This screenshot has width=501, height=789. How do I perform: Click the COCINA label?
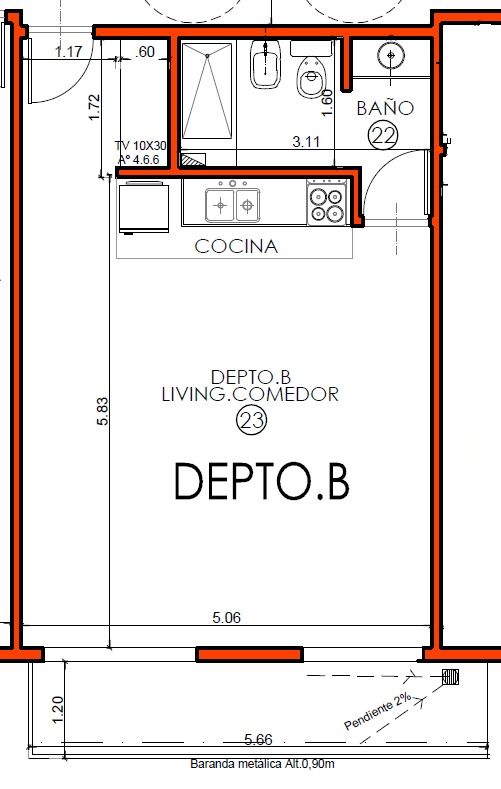point(236,246)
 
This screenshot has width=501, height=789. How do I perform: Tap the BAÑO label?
point(385,108)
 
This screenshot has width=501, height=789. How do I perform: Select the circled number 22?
point(383,134)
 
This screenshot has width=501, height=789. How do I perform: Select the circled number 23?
point(252,420)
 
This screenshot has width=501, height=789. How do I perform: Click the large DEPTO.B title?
point(262,482)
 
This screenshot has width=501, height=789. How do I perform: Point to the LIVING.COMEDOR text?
point(250,394)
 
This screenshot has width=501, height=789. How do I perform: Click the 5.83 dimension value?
point(103,411)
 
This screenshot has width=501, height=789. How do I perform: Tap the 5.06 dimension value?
point(226,617)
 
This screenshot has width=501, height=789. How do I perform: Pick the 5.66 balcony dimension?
point(259,739)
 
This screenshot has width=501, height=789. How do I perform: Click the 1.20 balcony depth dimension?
point(57,710)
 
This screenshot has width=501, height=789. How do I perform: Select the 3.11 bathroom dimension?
point(306,141)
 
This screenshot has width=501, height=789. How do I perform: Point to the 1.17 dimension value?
point(68,51)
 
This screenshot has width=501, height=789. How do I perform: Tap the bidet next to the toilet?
point(266,65)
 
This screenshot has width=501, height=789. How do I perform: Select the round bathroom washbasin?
point(391,55)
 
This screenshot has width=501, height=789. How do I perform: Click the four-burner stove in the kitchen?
point(327,202)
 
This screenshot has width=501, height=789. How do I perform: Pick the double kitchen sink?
point(233,205)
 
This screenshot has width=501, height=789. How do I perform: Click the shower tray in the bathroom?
point(207,91)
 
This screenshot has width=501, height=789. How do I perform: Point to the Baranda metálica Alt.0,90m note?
point(262,764)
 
